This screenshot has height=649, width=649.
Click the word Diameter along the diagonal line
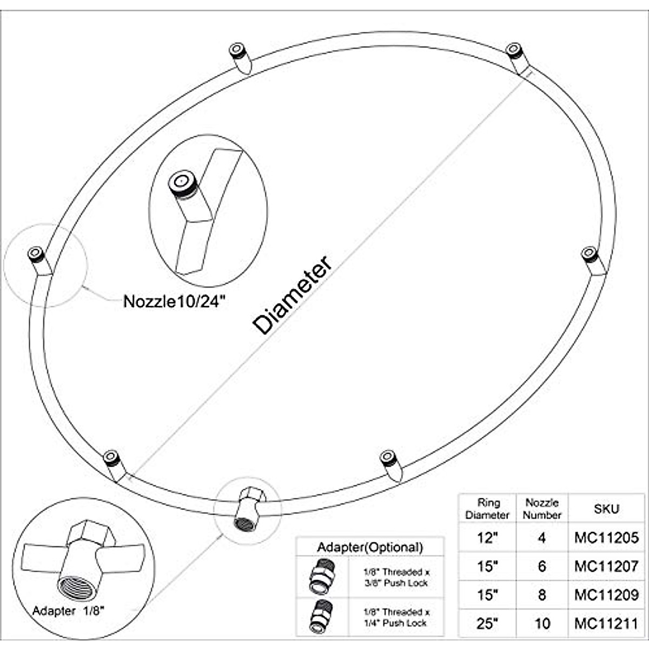coord(292,295)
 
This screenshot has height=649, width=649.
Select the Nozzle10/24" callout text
coord(174,301)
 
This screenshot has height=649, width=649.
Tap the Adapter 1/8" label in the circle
coord(68,611)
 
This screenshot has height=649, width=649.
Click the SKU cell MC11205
coord(606,538)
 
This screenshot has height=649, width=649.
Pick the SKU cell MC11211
coord(606,624)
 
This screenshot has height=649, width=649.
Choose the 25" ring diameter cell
coord(487,624)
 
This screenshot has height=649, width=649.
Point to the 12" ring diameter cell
coord(487,538)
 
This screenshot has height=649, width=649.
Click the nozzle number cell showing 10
coord(542,624)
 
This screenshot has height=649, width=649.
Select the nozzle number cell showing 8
coord(542,595)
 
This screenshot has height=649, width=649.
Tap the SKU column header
coord(606,509)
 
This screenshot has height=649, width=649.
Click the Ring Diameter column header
coord(487,509)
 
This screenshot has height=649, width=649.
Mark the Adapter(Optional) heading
coord(370,547)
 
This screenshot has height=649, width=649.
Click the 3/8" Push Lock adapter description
coord(396,577)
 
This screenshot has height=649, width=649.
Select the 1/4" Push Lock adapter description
coord(396,617)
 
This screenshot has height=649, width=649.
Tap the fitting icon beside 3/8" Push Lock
coord(322,577)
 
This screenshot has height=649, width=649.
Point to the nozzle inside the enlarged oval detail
coord(181,184)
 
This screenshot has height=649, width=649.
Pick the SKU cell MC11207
coord(606,566)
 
